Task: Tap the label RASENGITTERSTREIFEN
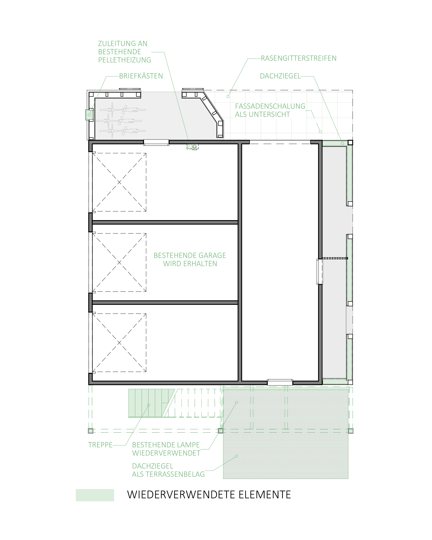click(x=299, y=58)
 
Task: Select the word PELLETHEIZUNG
click(x=124, y=60)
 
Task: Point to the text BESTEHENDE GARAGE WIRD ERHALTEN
click(x=190, y=259)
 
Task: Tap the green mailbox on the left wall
click(x=89, y=115)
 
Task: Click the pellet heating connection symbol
click(x=192, y=146)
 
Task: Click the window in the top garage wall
click(x=156, y=143)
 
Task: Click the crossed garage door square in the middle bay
click(x=119, y=262)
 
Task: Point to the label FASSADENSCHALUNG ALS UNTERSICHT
click(x=270, y=110)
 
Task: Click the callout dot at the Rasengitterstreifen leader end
click(x=228, y=96)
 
